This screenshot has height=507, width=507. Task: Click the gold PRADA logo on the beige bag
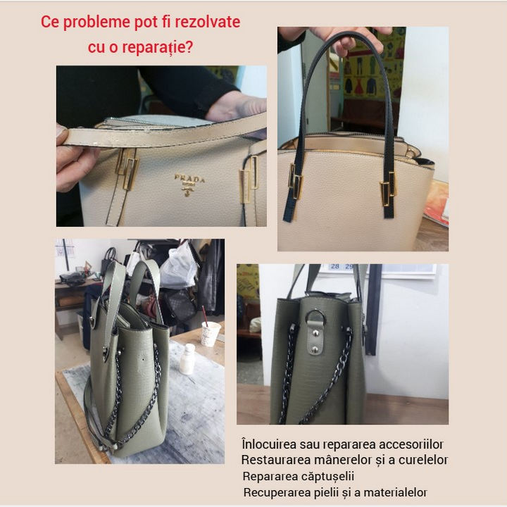tap(189, 185)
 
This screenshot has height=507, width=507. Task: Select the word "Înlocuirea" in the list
tap(269, 444)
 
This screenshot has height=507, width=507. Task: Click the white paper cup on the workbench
tap(210, 333)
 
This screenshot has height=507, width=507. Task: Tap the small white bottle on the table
tap(187, 359)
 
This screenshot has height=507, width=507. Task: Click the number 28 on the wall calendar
tap(335, 266)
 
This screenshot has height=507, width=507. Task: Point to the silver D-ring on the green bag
tap(315, 316)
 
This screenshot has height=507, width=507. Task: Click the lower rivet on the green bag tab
tap(315, 349)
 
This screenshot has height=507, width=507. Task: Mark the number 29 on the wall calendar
tap(349, 266)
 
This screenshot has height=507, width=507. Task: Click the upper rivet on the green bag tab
tap(315, 332)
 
